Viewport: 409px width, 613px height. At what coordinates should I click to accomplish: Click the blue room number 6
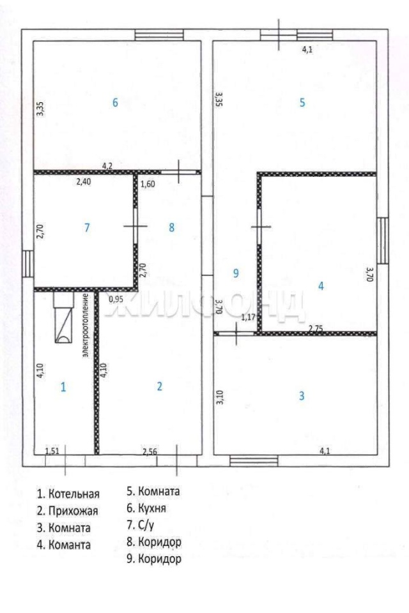[x=115, y=102]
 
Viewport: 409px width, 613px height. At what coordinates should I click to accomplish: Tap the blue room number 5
[x=302, y=102]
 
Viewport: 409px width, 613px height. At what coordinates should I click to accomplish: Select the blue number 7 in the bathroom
[x=87, y=227]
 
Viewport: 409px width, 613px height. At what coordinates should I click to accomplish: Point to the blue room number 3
[x=302, y=396]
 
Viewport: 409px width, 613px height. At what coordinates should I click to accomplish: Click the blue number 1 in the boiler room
[x=63, y=387]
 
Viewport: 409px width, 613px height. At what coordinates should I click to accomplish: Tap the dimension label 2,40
[x=83, y=181]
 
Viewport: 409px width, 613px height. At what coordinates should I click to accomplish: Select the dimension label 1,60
[x=148, y=184]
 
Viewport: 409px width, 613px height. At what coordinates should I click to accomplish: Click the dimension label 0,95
[x=116, y=299]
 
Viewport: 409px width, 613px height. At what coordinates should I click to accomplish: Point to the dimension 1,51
[x=52, y=451]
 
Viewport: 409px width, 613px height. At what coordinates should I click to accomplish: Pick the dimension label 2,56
[x=150, y=452]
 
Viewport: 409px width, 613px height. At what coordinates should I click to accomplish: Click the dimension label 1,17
[x=248, y=317]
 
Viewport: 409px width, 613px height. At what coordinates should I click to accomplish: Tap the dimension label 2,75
[x=316, y=329]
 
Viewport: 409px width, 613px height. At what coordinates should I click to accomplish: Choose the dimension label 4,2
[x=107, y=166]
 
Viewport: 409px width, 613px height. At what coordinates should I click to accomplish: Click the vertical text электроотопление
[x=86, y=325]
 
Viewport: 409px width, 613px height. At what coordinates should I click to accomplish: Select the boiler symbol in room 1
[x=63, y=317]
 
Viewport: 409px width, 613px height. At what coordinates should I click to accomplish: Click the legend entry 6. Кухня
[x=146, y=508]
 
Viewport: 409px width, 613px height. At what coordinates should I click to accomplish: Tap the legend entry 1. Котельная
[x=68, y=494]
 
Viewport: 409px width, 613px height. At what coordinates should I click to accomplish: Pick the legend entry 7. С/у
[x=140, y=525]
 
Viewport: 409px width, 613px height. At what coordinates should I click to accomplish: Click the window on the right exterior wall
[x=383, y=241]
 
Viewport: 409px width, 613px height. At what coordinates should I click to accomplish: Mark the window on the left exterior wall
[x=27, y=264]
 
